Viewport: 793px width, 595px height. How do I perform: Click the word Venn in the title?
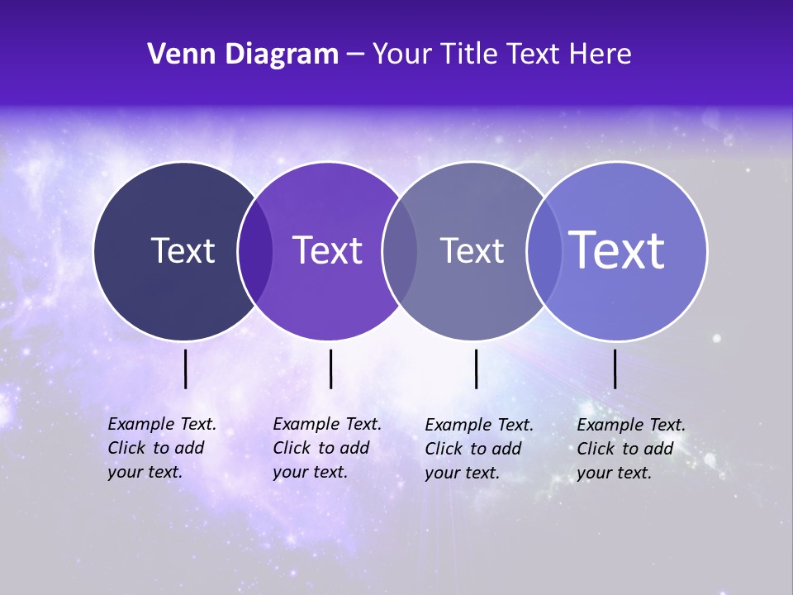tap(179, 55)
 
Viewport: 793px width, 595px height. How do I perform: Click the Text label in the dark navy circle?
tap(183, 250)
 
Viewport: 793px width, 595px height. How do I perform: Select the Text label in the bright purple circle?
tap(328, 250)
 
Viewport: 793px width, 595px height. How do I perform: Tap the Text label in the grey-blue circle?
tap(472, 250)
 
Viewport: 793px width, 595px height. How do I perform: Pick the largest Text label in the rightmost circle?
tap(617, 250)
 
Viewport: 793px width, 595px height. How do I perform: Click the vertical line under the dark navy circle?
tap(185, 369)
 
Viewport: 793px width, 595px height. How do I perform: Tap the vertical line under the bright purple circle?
tap(330, 369)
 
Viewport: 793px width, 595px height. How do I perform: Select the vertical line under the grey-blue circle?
tap(476, 369)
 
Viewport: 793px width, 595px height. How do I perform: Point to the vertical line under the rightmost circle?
tap(615, 369)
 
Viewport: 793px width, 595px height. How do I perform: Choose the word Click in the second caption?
tap(291, 448)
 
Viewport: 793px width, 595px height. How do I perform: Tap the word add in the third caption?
tap(506, 449)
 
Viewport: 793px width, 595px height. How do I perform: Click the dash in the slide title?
tap(355, 55)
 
